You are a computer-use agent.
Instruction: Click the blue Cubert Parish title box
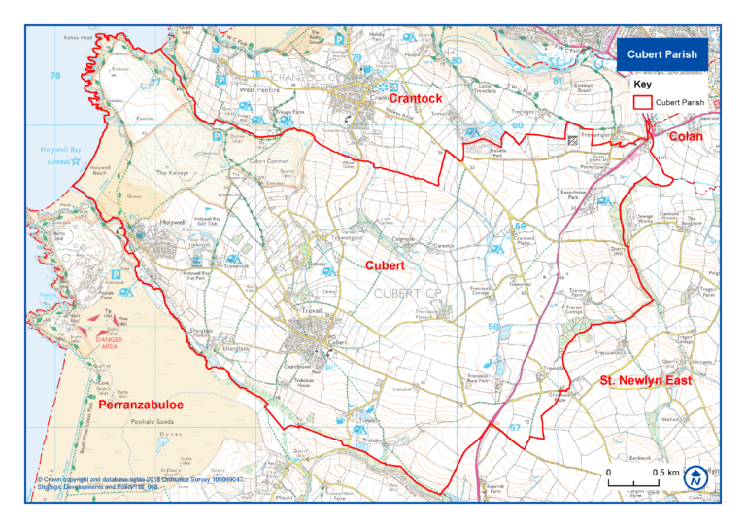[x=661, y=55]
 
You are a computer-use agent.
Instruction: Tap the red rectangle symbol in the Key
[x=639, y=101]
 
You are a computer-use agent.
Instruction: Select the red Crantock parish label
[x=416, y=99]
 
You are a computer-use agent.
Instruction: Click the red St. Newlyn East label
[x=645, y=380]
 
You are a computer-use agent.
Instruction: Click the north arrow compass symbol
[x=696, y=477]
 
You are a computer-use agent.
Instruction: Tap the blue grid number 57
[x=515, y=427]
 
